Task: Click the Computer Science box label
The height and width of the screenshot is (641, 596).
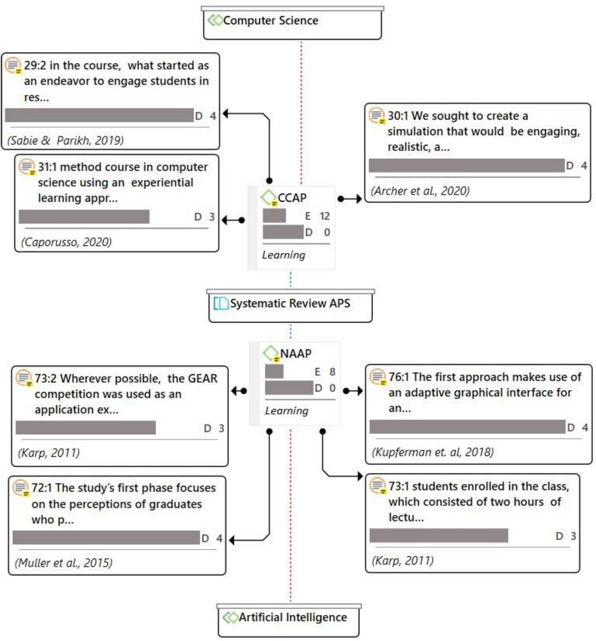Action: (x=271, y=21)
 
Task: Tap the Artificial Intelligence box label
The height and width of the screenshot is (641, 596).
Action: (x=293, y=617)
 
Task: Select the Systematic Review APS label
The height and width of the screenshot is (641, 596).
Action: (x=290, y=303)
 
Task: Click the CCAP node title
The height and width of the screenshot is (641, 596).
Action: (x=292, y=198)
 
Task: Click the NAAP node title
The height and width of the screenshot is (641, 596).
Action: (x=295, y=354)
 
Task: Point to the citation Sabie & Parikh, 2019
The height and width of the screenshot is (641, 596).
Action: (x=66, y=140)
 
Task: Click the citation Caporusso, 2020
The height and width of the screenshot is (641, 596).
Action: (x=66, y=242)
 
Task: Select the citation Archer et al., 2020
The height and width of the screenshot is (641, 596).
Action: (x=420, y=191)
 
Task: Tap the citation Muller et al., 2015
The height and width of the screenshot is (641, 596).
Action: (x=64, y=563)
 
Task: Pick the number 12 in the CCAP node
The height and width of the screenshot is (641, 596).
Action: (x=325, y=216)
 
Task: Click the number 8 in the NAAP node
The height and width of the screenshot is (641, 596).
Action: (x=332, y=372)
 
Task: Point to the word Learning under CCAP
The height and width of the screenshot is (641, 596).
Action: (x=284, y=255)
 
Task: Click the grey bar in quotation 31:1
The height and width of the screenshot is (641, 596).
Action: (x=84, y=217)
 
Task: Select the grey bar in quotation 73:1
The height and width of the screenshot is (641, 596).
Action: (x=439, y=536)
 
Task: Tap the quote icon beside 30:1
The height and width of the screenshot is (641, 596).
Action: (x=377, y=116)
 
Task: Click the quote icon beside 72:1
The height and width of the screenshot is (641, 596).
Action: (x=20, y=488)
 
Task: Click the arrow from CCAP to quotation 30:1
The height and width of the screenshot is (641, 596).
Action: (x=350, y=199)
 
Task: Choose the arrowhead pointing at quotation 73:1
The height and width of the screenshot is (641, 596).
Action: (x=360, y=476)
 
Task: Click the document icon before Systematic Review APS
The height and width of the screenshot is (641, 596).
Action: (x=221, y=303)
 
